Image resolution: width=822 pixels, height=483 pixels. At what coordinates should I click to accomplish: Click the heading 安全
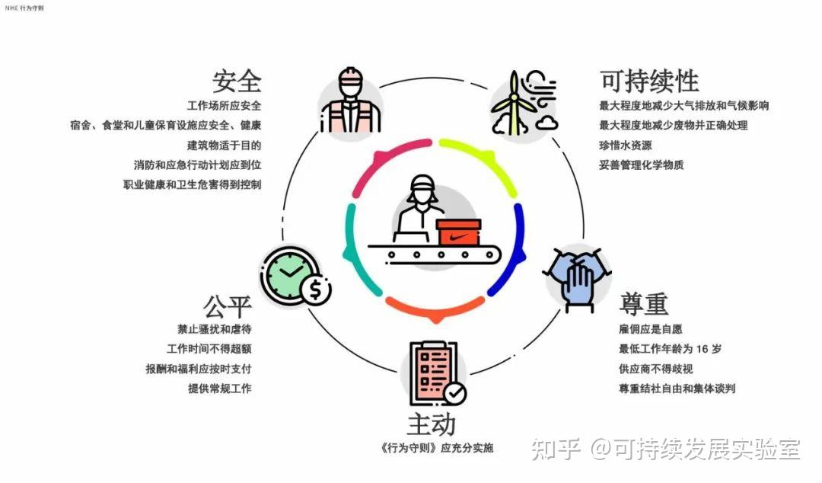pos(237,80)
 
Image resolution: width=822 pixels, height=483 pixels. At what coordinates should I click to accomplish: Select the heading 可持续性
pos(649,80)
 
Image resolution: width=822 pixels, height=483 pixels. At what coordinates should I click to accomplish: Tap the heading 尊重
pos(644,304)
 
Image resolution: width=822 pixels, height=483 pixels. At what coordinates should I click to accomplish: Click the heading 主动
pos(431,424)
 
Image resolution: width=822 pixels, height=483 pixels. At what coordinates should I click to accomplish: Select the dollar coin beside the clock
pos(315,289)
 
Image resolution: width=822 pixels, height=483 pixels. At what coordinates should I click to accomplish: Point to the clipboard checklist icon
pos(432,371)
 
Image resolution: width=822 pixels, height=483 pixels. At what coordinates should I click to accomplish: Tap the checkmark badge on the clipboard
pos(454,393)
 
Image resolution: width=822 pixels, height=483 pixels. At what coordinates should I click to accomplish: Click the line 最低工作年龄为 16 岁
pos(670,349)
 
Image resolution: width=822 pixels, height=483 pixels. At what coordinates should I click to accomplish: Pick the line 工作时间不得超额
pos(209,349)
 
